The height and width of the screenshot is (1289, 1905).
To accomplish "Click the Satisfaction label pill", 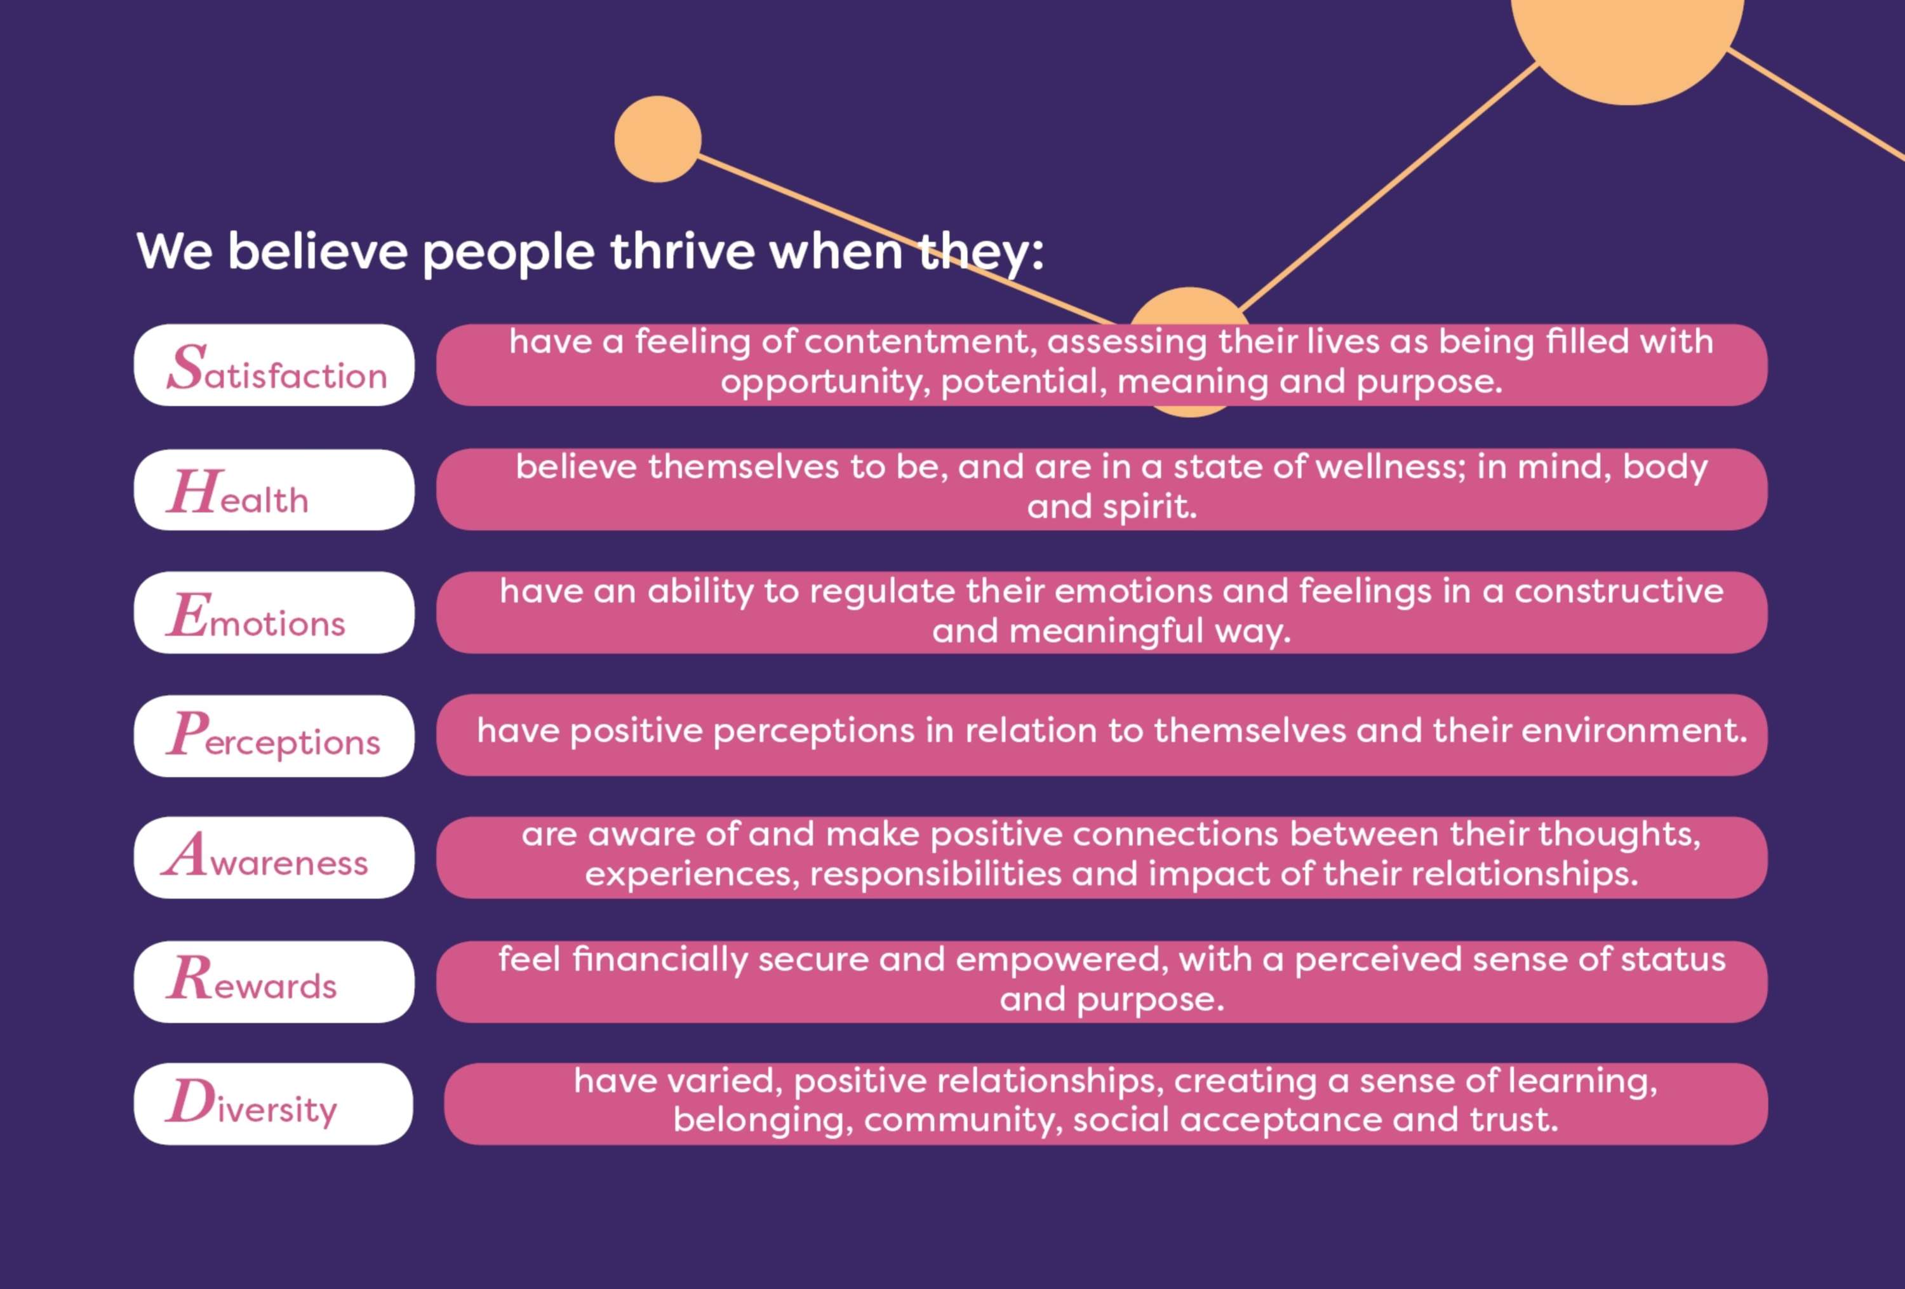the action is [274, 365].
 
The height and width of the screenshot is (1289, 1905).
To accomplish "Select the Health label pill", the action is [274, 490].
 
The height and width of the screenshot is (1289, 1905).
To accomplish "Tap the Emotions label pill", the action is [274, 612].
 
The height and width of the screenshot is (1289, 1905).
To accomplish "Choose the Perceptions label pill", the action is [274, 736].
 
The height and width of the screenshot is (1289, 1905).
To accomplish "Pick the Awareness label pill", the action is [274, 858].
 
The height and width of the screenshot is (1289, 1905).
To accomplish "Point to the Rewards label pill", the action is [274, 982].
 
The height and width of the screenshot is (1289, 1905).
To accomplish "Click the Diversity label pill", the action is [274, 1103].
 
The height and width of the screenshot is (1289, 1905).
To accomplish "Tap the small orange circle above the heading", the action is [657, 139].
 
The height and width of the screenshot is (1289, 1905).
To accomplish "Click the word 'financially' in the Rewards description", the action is [660, 959].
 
